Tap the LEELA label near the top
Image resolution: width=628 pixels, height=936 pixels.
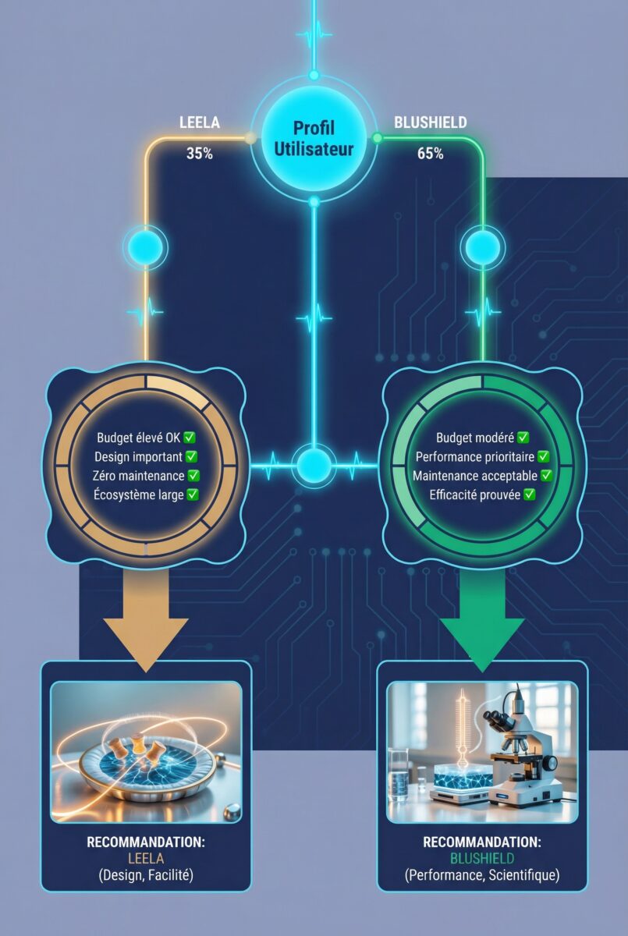pyautogui.click(x=200, y=122)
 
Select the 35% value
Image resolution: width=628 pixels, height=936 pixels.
pyautogui.click(x=200, y=154)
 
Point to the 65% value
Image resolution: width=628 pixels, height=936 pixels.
pyautogui.click(x=430, y=154)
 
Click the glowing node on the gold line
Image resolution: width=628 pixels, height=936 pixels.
pyautogui.click(x=144, y=248)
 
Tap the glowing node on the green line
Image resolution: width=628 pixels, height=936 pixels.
pyautogui.click(x=483, y=248)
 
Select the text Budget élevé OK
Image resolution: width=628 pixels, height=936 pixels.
pyautogui.click(x=138, y=438)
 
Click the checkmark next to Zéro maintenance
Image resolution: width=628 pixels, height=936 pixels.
pyautogui.click(x=193, y=475)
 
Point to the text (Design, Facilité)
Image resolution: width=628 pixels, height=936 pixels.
pyautogui.click(x=146, y=876)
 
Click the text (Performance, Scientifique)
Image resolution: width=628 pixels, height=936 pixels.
pyautogui.click(x=482, y=876)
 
